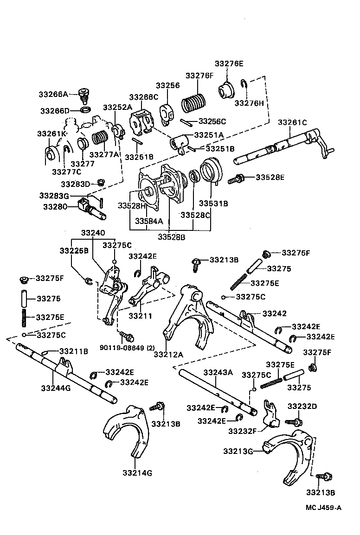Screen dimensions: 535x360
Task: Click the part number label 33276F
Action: [199, 75]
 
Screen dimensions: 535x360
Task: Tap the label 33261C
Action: [293, 122]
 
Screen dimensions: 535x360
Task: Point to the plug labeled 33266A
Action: [84, 95]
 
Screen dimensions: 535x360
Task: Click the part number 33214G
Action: [137, 473]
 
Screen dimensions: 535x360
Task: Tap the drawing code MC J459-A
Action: [324, 507]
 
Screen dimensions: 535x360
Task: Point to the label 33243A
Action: [218, 372]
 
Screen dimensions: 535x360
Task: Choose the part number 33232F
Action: [242, 431]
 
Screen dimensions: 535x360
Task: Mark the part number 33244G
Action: [55, 388]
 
